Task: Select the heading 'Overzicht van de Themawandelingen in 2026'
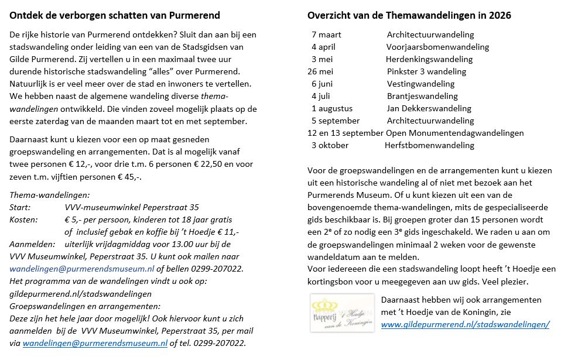click(409, 16)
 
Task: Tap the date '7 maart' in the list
click(326, 35)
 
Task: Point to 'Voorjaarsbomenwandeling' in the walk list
click(437, 47)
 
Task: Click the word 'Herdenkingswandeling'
click(429, 59)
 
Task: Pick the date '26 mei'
click(320, 71)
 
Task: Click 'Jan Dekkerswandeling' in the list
click(429, 108)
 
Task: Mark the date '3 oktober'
click(330, 145)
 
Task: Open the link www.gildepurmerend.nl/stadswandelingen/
click(465, 324)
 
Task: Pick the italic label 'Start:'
click(20, 207)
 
